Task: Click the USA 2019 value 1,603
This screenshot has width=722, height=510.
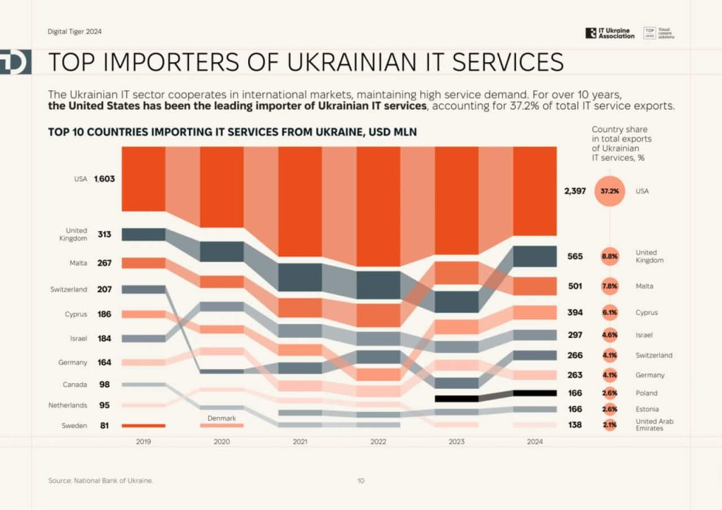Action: point(104,179)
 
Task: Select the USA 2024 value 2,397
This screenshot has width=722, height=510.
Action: point(575,191)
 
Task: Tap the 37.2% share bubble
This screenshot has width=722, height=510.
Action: point(610,191)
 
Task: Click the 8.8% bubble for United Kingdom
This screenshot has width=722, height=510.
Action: point(610,257)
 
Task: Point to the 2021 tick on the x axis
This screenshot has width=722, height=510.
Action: point(300,440)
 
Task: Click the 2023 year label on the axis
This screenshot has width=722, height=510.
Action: point(456,440)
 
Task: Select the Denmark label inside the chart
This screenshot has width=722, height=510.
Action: point(221,418)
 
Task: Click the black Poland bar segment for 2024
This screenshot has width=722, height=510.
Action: point(534,393)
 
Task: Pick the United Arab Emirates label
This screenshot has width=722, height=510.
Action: point(649,425)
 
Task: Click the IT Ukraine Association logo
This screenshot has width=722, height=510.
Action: point(610,33)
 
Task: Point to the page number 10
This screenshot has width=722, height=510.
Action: point(360,480)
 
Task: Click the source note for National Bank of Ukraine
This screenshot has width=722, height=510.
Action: point(100,480)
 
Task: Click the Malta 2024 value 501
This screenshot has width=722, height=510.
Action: point(575,286)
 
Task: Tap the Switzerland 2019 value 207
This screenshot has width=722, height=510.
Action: point(104,290)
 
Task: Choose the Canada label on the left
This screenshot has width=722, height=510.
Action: point(75,385)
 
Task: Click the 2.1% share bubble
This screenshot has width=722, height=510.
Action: point(610,425)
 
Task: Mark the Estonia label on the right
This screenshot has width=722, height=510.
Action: point(647,409)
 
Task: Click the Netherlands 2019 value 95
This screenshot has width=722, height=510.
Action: point(104,405)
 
